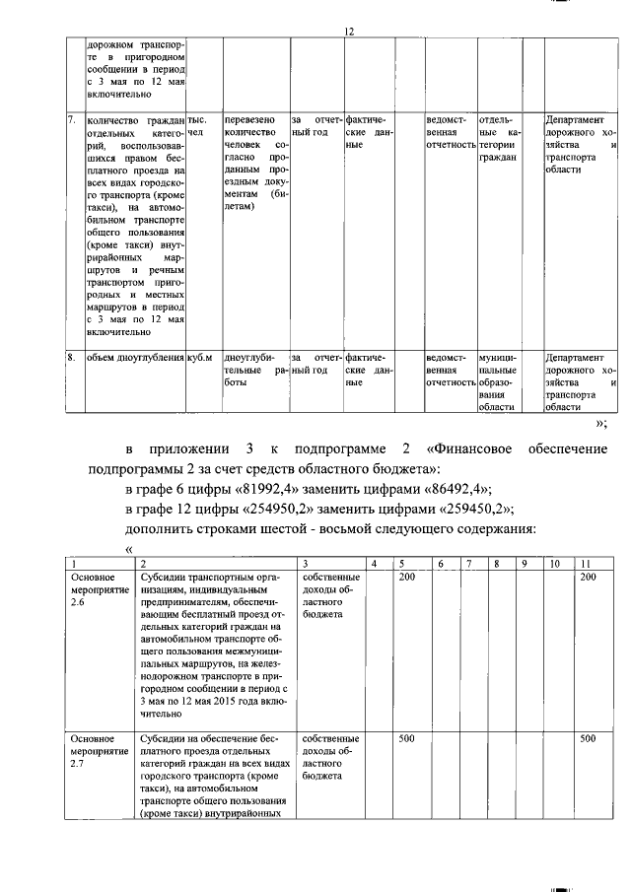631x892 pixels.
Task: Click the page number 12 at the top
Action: tap(348, 32)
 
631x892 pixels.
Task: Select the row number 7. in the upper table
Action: tap(72, 119)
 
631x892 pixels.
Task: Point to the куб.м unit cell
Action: tap(200, 357)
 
